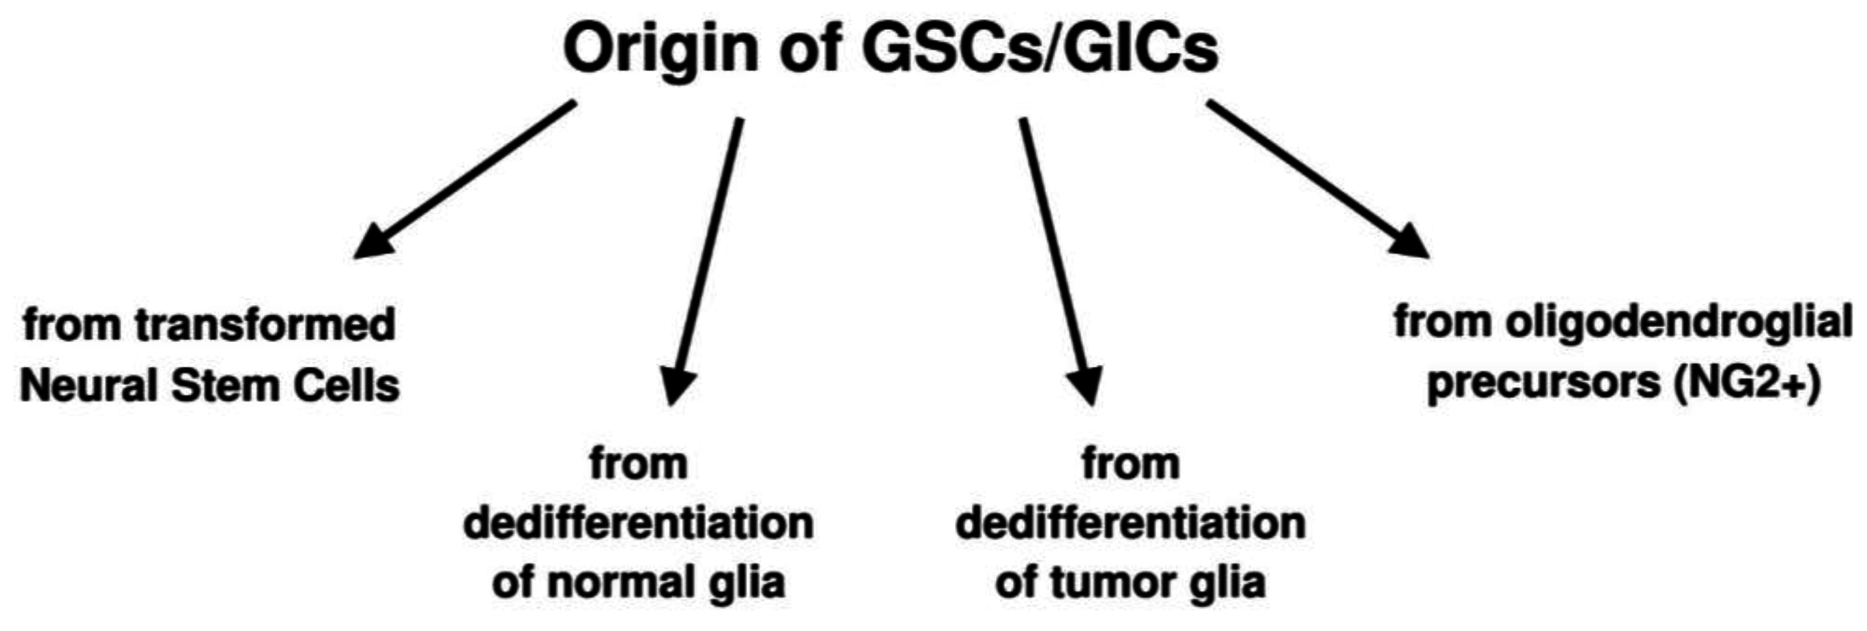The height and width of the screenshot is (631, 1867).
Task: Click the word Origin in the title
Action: coord(659,49)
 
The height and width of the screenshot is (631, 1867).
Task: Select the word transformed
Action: coord(264,324)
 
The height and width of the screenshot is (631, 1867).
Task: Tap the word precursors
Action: coord(1543,382)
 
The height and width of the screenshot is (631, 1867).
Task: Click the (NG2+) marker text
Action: coord(1748,382)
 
